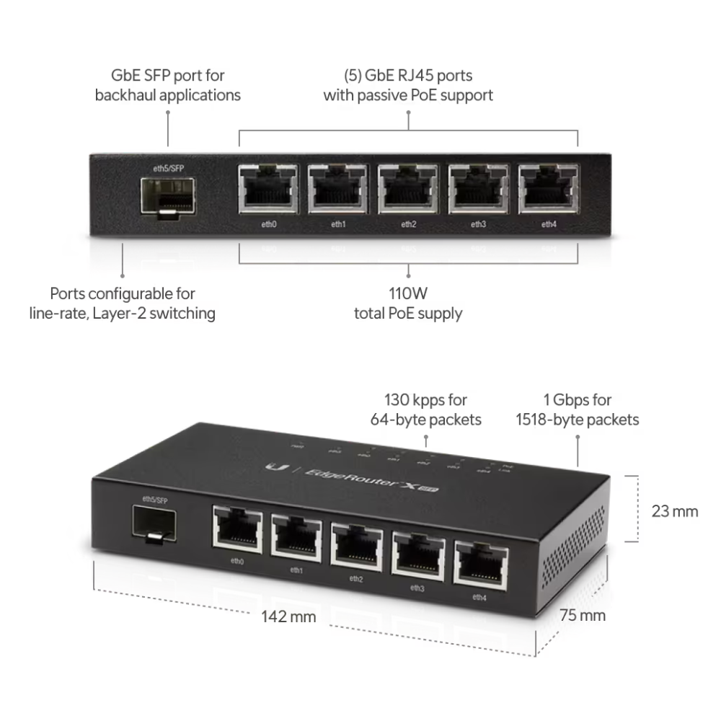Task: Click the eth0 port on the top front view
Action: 268,189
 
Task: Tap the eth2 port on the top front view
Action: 408,189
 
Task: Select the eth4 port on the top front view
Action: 549,189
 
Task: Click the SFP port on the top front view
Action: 167,195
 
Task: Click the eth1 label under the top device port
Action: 338,224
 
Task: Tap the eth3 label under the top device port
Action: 478,224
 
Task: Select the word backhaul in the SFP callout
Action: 130,95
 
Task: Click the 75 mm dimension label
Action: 583,615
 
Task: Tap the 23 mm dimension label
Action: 674,511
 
